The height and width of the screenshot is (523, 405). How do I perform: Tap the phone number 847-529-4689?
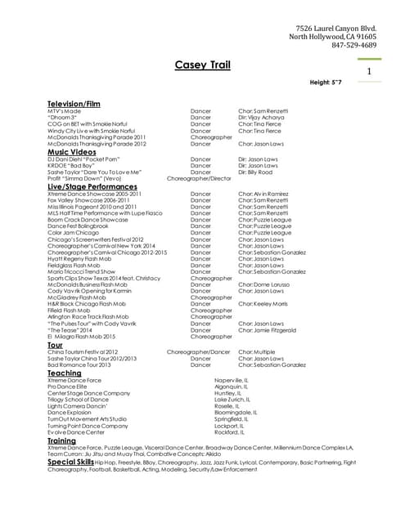point(354,46)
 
